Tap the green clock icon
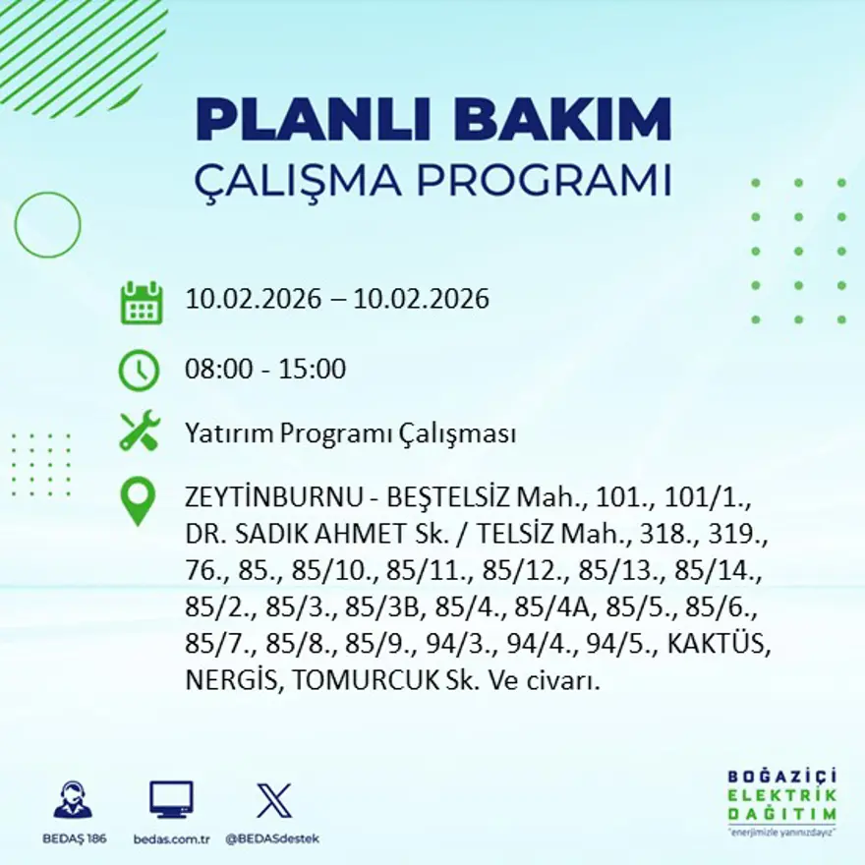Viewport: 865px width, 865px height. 139,371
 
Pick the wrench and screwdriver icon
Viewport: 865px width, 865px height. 139,432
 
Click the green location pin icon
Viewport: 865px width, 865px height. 138,499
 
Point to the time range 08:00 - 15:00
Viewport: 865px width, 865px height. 265,370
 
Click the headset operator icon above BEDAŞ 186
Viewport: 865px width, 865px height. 73,800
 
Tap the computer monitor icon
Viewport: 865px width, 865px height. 171,799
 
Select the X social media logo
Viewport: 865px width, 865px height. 273,799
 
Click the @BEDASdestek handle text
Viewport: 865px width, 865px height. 272,838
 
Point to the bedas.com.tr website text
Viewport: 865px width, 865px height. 172,838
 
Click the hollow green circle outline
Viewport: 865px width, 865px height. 47,225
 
